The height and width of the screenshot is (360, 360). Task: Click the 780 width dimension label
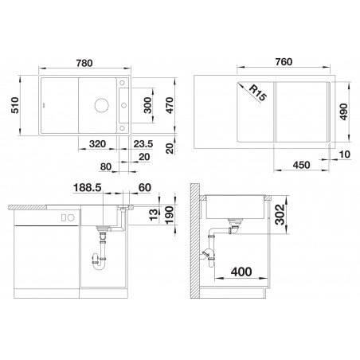pyautogui.click(x=84, y=63)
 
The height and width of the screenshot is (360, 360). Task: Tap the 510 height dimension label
pyautogui.click(x=15, y=105)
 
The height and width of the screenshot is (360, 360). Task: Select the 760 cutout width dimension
pyautogui.click(x=284, y=62)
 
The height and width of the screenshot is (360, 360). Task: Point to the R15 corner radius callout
pyautogui.click(x=257, y=93)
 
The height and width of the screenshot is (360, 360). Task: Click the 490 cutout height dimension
pyautogui.click(x=343, y=112)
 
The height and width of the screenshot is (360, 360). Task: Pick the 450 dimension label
pyautogui.click(x=301, y=165)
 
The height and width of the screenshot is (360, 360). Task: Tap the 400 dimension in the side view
pyautogui.click(x=241, y=272)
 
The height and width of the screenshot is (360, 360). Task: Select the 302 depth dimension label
pyautogui.click(x=280, y=214)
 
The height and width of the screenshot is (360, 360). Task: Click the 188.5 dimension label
pyautogui.click(x=88, y=188)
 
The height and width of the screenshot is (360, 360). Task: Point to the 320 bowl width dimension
pyautogui.click(x=97, y=144)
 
